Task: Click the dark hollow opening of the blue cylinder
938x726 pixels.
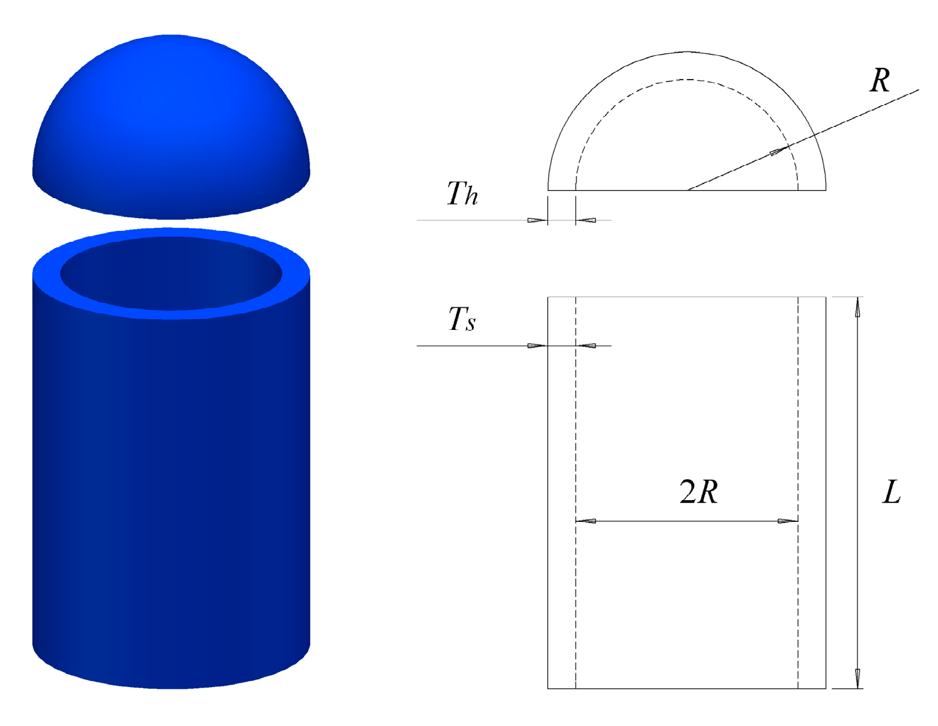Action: (171, 273)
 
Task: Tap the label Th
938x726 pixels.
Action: (462, 194)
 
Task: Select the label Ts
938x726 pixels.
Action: (462, 319)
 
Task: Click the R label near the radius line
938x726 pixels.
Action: (880, 80)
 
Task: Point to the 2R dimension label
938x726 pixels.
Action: (699, 491)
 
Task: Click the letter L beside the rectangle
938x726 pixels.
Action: (891, 492)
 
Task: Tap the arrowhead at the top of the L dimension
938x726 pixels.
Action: (858, 307)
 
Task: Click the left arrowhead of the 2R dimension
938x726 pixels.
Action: (586, 521)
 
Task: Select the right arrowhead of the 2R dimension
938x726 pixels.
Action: (787, 521)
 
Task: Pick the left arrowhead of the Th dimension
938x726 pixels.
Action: (537, 220)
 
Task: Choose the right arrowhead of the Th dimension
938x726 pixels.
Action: (586, 220)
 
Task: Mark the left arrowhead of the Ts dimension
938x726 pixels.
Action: (537, 346)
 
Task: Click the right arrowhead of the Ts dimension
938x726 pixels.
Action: (586, 346)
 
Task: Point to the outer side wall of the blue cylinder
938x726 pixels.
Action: (171, 486)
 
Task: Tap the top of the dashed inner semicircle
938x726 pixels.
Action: (687, 80)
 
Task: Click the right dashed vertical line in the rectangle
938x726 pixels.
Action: (798, 425)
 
